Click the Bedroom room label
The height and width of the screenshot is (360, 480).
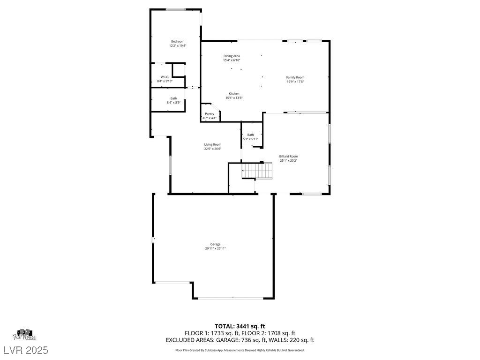pyautogui.click(x=178, y=41)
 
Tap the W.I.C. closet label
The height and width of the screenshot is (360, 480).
pyautogui.click(x=165, y=77)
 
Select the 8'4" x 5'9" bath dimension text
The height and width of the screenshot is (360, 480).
pyautogui.click(x=173, y=103)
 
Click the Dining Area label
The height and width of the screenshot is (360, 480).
pyautogui.click(x=232, y=56)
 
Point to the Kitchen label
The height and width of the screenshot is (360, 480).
pyautogui.click(x=233, y=93)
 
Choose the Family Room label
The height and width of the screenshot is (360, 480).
pyautogui.click(x=295, y=77)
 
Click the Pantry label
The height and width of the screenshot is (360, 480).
pyautogui.click(x=210, y=113)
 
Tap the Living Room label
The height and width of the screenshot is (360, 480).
pyautogui.click(x=212, y=144)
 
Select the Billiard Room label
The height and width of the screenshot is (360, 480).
pyautogui.click(x=289, y=156)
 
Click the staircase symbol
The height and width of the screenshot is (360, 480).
pyautogui.click(x=257, y=171)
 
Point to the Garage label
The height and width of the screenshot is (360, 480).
pyautogui.click(x=215, y=244)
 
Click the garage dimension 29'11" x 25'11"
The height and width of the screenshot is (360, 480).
pyautogui.click(x=215, y=248)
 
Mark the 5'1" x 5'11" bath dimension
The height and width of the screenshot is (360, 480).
pyautogui.click(x=251, y=139)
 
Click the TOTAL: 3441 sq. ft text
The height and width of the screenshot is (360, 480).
pyautogui.click(x=240, y=326)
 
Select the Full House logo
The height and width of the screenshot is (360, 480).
pyautogui.click(x=24, y=334)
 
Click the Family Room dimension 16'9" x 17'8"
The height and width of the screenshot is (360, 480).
pyautogui.click(x=295, y=82)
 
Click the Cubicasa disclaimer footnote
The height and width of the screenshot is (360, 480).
pyautogui.click(x=240, y=350)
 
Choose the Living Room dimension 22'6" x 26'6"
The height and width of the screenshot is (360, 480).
pyautogui.click(x=212, y=149)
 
